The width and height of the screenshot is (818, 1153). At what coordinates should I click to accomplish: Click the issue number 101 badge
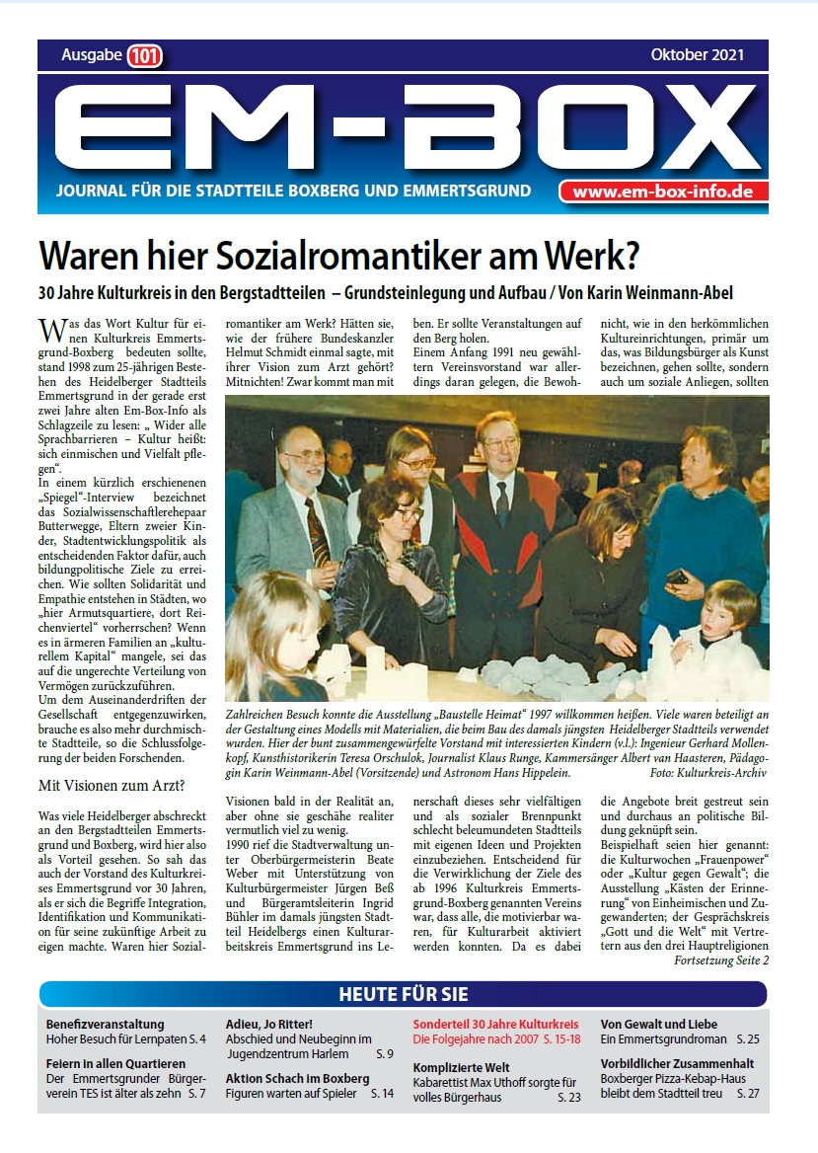click(145, 56)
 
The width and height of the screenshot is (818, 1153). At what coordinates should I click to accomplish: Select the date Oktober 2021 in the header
click(697, 55)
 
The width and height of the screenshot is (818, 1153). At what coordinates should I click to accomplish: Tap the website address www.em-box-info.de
click(663, 192)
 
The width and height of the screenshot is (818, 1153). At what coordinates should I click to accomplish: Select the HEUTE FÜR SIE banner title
click(403, 993)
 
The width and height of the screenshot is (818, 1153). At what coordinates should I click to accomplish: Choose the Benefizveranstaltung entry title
click(105, 1024)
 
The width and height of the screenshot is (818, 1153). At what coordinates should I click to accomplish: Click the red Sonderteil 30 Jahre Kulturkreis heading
click(495, 1024)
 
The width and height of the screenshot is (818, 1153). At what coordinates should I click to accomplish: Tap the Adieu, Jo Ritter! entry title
click(268, 1024)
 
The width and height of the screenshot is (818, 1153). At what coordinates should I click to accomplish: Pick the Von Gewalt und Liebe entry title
click(659, 1024)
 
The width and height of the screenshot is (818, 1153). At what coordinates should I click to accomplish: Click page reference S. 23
click(569, 1098)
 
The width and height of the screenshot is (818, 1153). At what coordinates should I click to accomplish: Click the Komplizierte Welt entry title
click(462, 1067)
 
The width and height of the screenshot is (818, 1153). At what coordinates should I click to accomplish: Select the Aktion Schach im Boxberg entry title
click(297, 1078)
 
